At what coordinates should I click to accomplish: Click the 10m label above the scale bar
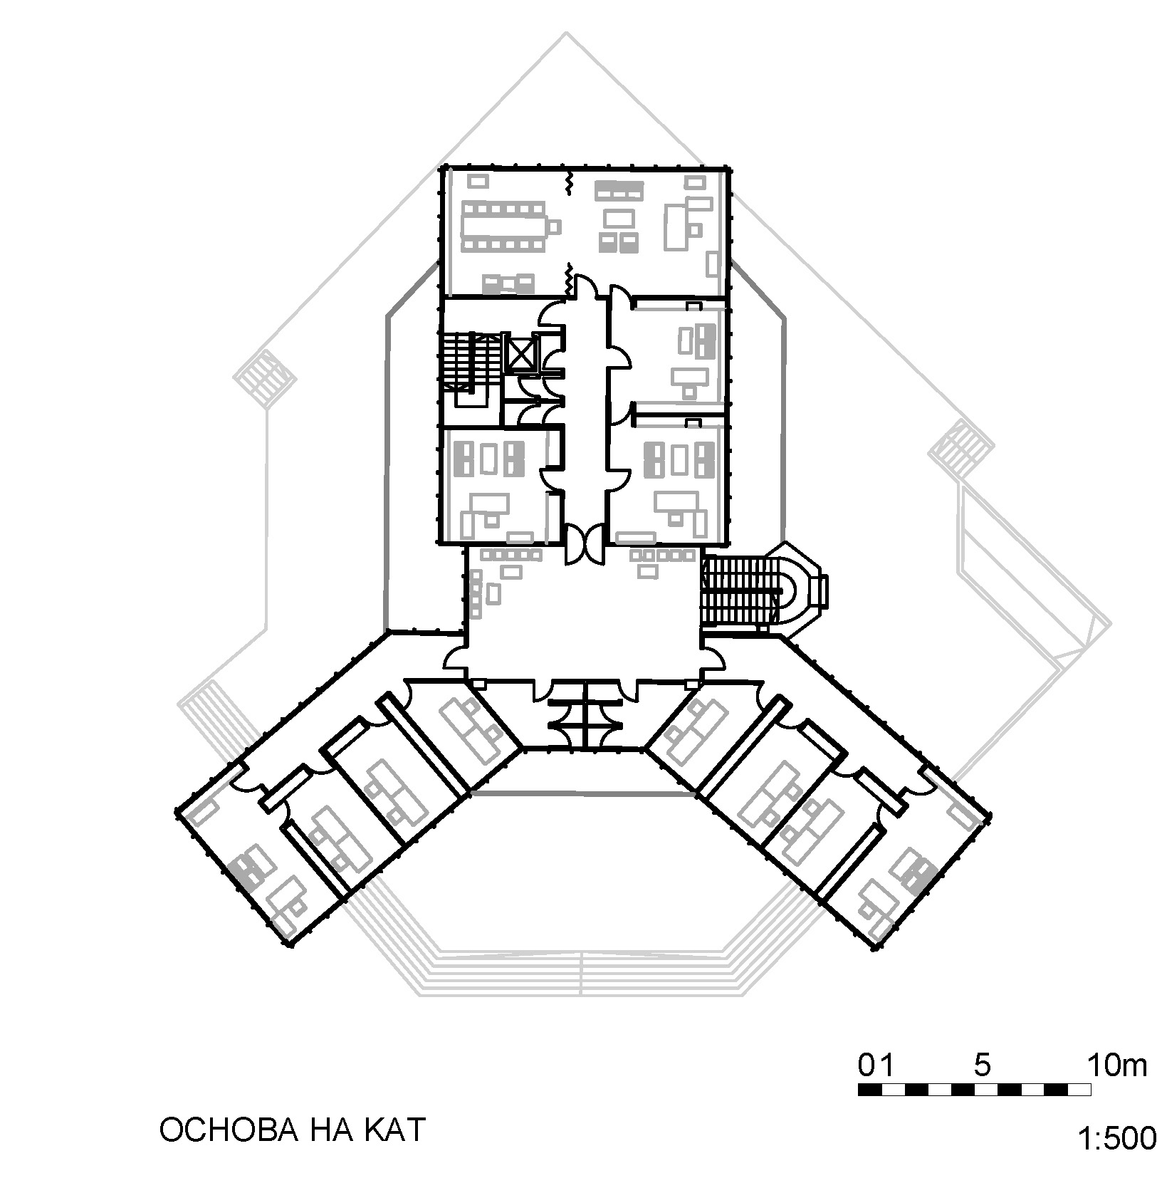(1117, 1065)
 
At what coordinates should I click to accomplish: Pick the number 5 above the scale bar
(983, 1065)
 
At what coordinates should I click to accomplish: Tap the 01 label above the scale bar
(876, 1065)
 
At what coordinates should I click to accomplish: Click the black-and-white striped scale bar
(975, 1089)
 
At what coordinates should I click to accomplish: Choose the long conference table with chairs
(507, 226)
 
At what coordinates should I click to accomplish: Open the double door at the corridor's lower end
(585, 545)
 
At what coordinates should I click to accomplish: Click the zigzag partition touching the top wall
(569, 182)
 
